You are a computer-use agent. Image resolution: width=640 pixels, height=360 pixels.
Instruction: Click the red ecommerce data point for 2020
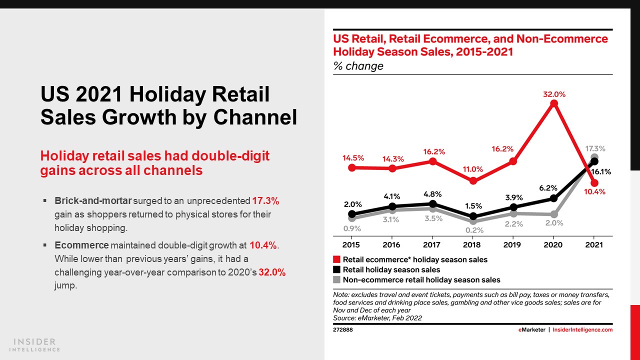pos(553,103)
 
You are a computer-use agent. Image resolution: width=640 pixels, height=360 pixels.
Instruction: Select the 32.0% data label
pos(553,94)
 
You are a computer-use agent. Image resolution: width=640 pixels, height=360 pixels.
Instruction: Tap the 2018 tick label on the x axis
pos(472,245)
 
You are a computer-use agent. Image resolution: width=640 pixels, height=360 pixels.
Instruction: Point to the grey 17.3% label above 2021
pos(595,148)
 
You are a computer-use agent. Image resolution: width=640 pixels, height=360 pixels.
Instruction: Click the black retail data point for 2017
pos(433,204)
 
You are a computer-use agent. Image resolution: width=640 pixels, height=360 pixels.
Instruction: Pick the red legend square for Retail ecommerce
pos(337,260)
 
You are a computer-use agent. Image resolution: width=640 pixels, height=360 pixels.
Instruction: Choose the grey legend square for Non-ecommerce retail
pos(337,280)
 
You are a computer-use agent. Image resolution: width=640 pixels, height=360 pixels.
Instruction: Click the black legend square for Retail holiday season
pos(337,270)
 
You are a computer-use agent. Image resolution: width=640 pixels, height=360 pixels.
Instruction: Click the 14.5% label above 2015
pos(353,157)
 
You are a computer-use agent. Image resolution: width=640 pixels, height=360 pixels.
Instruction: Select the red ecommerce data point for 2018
pos(473,181)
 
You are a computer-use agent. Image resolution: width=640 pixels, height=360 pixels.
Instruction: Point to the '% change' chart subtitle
pos(358,66)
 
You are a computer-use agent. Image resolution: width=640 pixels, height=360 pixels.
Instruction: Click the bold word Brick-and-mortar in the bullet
pos(93,201)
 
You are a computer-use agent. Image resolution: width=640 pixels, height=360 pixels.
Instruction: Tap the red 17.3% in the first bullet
pos(265,201)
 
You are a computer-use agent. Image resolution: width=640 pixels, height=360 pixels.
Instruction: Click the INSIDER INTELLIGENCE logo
pos(34,345)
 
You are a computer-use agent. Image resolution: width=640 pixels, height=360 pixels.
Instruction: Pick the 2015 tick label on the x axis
pos(351,245)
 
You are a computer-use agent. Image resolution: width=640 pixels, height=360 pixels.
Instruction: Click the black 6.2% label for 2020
pos(548,188)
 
